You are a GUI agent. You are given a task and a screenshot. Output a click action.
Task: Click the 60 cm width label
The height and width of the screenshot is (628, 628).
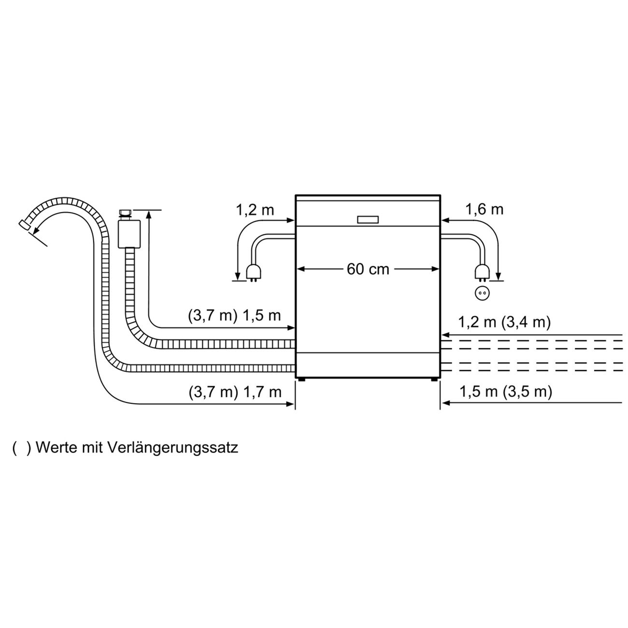point(368,269)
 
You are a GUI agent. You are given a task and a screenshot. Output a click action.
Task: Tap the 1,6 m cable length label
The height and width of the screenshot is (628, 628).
point(484,209)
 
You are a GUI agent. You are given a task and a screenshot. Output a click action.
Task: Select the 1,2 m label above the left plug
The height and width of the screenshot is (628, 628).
point(255,210)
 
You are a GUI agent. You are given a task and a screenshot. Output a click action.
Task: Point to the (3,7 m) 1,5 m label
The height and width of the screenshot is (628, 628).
point(234,316)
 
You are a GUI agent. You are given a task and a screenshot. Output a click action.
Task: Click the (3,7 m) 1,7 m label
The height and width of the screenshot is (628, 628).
point(235,391)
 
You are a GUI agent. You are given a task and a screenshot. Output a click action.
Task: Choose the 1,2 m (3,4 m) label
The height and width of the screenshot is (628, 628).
point(504,322)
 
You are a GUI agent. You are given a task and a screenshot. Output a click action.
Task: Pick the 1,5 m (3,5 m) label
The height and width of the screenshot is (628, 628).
point(505,391)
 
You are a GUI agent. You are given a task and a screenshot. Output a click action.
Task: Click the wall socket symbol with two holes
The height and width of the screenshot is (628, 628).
point(481,293)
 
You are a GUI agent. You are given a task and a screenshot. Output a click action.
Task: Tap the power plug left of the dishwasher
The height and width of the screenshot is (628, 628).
point(252,273)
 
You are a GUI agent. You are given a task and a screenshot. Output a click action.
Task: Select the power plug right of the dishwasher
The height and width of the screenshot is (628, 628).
point(481,273)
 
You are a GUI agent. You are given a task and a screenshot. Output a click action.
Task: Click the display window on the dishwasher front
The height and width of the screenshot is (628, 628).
point(368,219)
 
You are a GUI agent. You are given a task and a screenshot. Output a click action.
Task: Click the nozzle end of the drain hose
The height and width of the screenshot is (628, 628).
point(23,225)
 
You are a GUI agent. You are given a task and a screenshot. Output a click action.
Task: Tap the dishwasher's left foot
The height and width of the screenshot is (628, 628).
point(302,380)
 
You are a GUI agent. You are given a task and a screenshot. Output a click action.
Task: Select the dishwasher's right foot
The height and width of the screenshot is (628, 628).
point(433,380)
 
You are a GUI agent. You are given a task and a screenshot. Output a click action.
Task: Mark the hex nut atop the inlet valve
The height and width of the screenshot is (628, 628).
point(125,213)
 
